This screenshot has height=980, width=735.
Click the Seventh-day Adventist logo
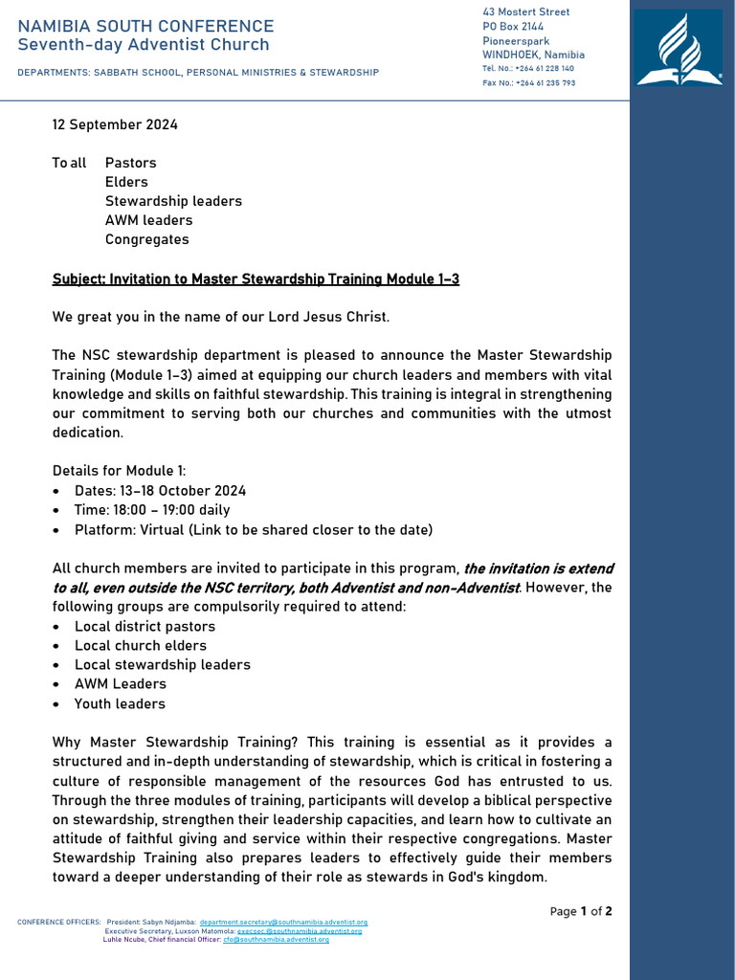click(x=680, y=49)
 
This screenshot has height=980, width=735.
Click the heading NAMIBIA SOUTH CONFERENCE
click(x=145, y=26)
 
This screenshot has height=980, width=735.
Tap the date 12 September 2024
click(x=114, y=124)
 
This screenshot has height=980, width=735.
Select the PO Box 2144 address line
click(x=513, y=27)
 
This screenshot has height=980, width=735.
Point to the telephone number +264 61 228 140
click(x=544, y=69)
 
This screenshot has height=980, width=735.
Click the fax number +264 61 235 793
click(x=545, y=83)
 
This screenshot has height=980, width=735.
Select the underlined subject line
click(x=256, y=278)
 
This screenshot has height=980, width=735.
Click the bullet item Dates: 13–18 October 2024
click(x=160, y=491)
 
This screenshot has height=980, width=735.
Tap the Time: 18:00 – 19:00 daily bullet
click(x=152, y=510)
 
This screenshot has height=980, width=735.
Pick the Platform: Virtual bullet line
click(x=253, y=529)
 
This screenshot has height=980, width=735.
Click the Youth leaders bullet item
click(x=120, y=703)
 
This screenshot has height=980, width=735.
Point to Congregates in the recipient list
click(x=146, y=239)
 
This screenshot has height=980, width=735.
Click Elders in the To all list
click(x=126, y=182)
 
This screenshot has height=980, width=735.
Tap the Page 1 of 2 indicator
click(x=581, y=911)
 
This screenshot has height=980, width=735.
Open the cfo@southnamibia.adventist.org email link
click(x=276, y=940)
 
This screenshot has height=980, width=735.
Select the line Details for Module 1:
click(x=120, y=471)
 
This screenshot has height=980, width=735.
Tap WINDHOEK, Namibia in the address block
click(x=533, y=55)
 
